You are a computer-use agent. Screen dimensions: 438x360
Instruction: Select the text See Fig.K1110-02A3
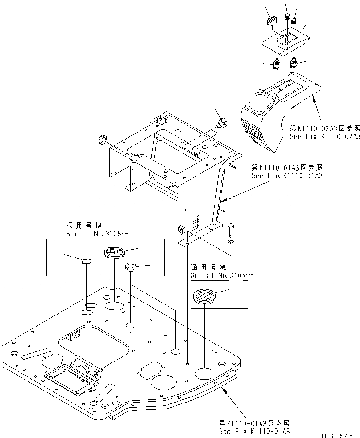point(325,137)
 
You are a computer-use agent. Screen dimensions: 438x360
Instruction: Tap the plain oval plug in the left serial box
point(87,261)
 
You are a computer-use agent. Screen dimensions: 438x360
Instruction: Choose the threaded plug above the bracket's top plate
point(221,123)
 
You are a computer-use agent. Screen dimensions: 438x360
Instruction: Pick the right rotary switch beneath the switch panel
point(294,62)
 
